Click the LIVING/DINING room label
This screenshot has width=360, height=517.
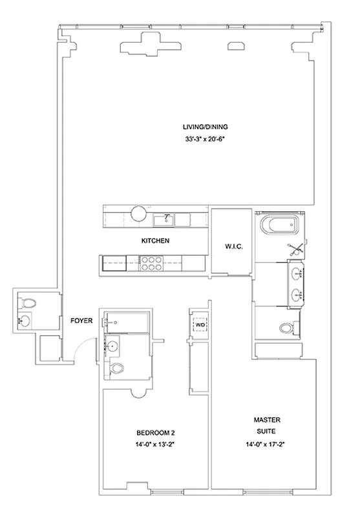click(x=205, y=127)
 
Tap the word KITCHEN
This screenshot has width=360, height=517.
click(x=155, y=241)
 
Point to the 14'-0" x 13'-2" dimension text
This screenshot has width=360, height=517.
click(x=154, y=445)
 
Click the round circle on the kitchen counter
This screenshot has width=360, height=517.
click(x=139, y=214)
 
